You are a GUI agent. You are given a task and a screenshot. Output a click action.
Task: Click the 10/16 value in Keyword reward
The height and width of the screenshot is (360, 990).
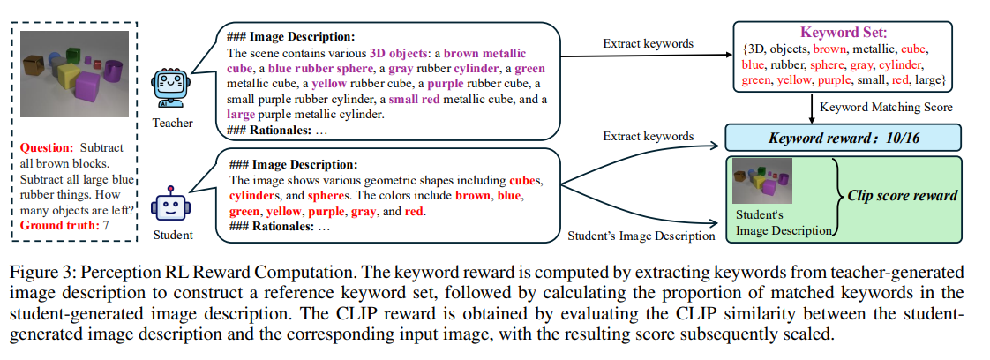pyautogui.click(x=884, y=138)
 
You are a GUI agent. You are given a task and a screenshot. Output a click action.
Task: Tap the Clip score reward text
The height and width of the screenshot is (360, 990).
pyautogui.click(x=902, y=195)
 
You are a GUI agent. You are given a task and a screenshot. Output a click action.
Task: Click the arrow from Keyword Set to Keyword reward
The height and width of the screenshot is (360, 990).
pyautogui.click(x=813, y=107)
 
